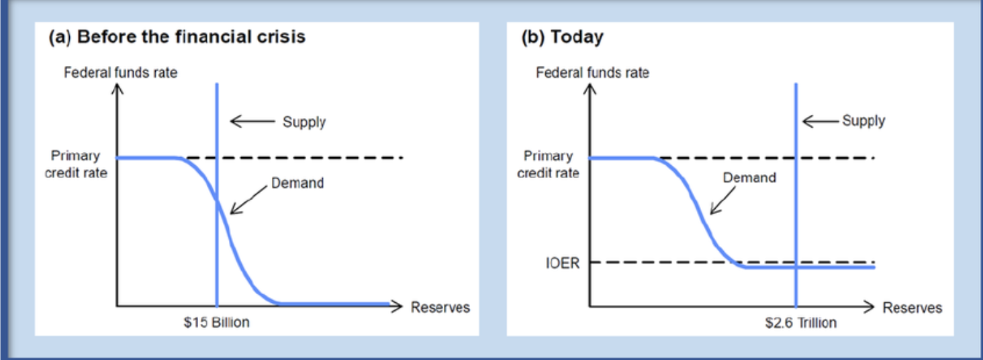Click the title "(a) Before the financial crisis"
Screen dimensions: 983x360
click(177, 37)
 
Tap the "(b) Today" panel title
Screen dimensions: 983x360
click(562, 38)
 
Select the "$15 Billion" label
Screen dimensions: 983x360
click(216, 322)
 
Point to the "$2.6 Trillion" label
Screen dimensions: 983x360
click(801, 322)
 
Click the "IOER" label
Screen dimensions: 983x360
click(563, 263)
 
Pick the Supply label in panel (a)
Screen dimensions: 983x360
click(304, 122)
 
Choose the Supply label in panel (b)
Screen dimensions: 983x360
click(863, 120)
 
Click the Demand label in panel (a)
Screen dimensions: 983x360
click(297, 183)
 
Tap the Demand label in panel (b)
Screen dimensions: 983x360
click(749, 177)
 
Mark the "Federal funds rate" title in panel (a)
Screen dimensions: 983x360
click(121, 73)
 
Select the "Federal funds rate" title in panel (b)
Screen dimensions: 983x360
click(592, 73)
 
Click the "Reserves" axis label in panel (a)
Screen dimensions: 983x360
click(440, 308)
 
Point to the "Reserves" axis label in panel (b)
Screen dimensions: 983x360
click(912, 308)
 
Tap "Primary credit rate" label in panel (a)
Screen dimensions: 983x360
click(76, 164)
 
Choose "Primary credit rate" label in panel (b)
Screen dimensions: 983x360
click(548, 164)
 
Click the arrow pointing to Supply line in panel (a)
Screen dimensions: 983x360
click(252, 121)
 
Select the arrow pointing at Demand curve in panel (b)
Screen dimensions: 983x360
click(722, 201)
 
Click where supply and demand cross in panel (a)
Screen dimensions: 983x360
click(217, 201)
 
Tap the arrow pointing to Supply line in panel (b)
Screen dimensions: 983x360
click(821, 121)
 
